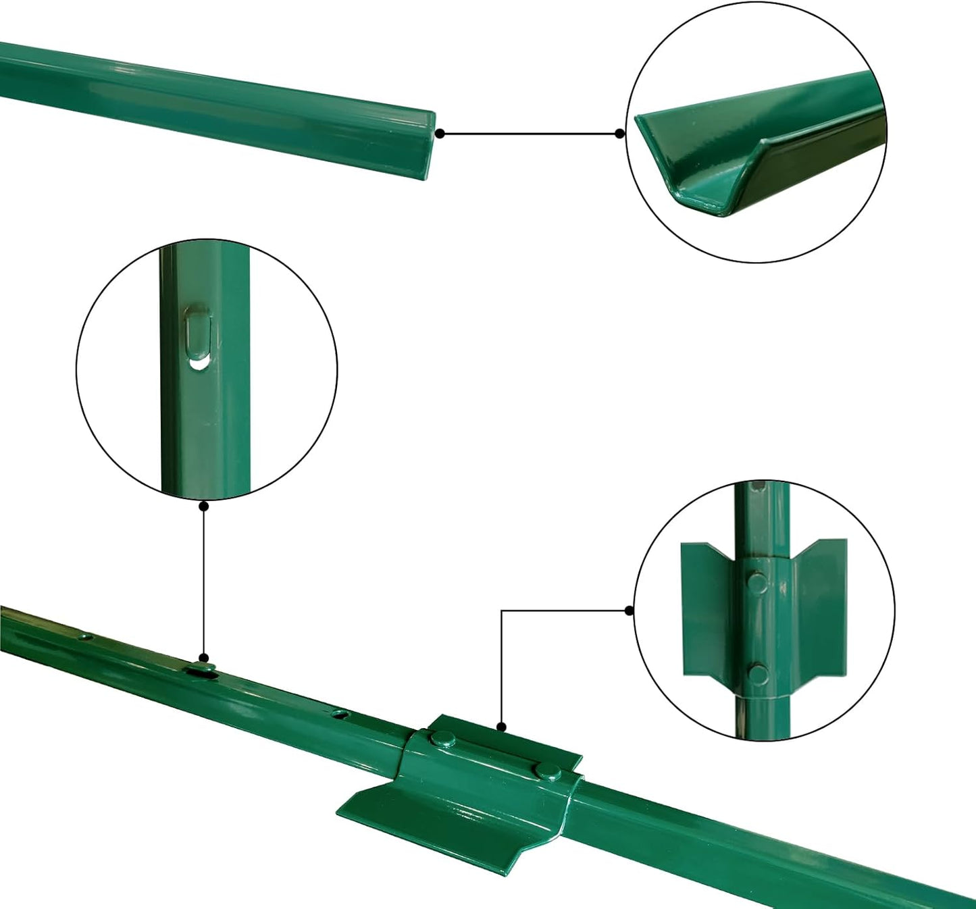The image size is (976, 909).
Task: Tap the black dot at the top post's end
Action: [x=440, y=134]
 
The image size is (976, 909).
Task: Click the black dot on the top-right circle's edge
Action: [x=620, y=134]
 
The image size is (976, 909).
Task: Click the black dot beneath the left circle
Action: [x=204, y=505]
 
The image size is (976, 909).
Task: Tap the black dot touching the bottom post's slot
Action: [x=204, y=658]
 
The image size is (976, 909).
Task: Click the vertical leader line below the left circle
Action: [x=204, y=581]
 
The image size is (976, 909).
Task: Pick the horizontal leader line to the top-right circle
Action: [x=530, y=134]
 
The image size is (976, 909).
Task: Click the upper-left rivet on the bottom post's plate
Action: [x=443, y=739]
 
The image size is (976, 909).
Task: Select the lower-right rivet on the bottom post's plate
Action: [x=547, y=771]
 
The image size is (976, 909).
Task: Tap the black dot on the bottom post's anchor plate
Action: [x=501, y=727]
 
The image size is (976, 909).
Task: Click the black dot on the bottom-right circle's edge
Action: [x=630, y=611]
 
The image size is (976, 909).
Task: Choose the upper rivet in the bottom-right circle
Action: [x=759, y=581]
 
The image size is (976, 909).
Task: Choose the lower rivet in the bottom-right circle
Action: [x=759, y=673]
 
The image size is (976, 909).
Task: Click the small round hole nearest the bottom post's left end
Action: [x=86, y=636]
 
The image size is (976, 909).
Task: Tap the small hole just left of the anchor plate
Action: [x=340, y=712]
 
